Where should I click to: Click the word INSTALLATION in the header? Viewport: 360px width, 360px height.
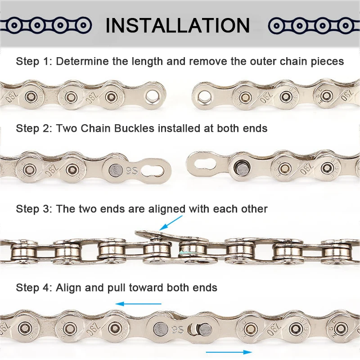[177, 25]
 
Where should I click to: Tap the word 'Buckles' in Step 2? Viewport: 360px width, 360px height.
[134, 128]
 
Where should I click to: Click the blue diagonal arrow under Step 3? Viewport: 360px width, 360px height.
[171, 223]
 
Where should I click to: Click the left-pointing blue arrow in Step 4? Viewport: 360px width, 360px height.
[138, 304]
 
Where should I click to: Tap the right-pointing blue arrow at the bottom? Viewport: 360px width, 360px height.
[229, 352]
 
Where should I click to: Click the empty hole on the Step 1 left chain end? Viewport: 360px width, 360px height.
[152, 95]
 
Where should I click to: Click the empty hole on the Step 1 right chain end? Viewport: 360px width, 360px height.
[204, 96]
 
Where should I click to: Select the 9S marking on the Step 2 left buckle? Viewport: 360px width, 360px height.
[131, 171]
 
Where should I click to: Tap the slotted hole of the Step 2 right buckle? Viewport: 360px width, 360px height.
[205, 164]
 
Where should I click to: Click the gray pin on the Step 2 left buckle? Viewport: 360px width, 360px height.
[116, 171]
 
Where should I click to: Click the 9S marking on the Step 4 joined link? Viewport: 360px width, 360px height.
[177, 330]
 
